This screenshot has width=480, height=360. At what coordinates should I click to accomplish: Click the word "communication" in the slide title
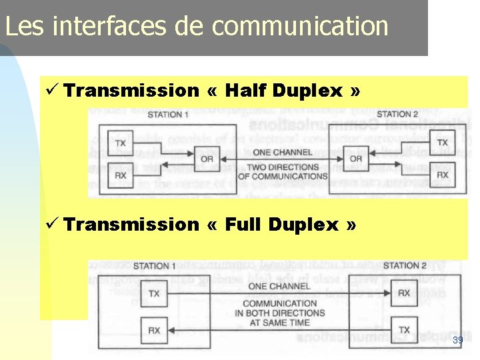pos(300,27)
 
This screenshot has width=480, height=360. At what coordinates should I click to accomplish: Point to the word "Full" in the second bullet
pos(244,225)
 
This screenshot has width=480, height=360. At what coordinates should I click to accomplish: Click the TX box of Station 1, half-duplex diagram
pos(121,143)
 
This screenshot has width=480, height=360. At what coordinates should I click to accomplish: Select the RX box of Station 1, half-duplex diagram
pos(121,175)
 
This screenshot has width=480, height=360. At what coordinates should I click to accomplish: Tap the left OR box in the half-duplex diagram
pos(207,159)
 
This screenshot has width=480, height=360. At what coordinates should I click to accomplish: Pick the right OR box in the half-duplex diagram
pos(355,159)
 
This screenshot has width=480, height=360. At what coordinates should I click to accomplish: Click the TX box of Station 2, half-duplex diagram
pos(443,143)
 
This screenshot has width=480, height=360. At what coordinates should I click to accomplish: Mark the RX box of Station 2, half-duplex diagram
pos(443,175)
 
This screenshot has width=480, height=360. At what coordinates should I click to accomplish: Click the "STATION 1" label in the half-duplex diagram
pos(168,115)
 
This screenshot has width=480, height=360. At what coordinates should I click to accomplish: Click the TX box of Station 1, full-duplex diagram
pos(154,293)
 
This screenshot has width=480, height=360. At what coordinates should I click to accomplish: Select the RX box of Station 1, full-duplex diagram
pos(154,330)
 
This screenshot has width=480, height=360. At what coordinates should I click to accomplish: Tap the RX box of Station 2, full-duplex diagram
pos(404,293)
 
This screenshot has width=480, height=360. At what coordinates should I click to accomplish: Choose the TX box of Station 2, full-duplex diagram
pos(404,330)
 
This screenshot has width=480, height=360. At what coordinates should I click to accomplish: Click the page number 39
pos(457,341)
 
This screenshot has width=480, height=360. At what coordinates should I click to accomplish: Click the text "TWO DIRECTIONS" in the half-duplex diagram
pos(283,167)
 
